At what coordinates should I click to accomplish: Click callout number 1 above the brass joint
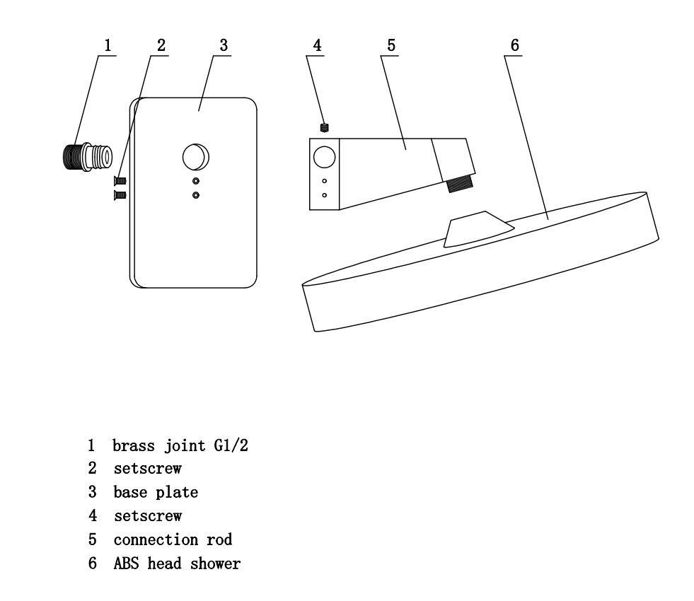click(108, 45)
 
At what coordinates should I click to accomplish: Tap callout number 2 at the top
click(161, 45)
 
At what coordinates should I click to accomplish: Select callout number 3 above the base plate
click(224, 45)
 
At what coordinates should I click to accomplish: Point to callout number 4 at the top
click(317, 45)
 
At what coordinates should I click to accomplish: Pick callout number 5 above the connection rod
click(391, 45)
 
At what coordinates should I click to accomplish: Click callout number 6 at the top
click(515, 45)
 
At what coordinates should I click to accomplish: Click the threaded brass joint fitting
click(87, 157)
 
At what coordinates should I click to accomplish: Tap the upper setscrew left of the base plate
click(120, 180)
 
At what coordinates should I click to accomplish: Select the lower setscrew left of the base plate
click(120, 195)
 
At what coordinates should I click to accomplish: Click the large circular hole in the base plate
click(196, 157)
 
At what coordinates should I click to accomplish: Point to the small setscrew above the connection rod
click(325, 128)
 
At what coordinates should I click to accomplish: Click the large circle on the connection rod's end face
click(324, 158)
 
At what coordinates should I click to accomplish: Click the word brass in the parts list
click(134, 445)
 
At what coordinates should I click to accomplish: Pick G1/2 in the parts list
click(231, 445)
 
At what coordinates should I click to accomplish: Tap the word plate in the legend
click(177, 492)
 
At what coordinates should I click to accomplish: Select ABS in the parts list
click(126, 564)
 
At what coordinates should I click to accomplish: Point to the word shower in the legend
click(216, 564)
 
